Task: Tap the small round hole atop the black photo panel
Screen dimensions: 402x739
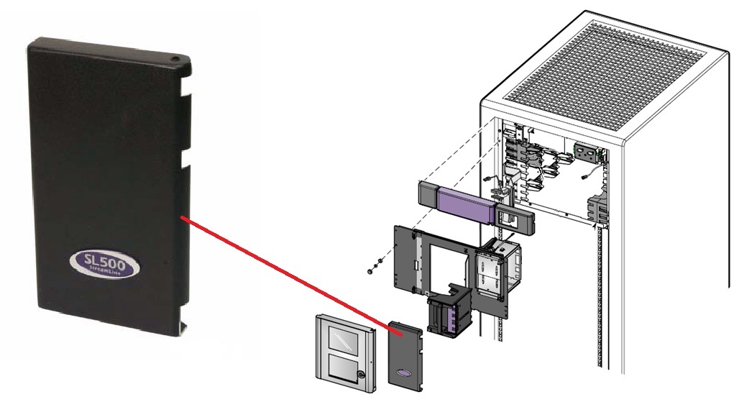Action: [175, 55]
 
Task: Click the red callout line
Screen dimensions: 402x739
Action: [288, 273]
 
